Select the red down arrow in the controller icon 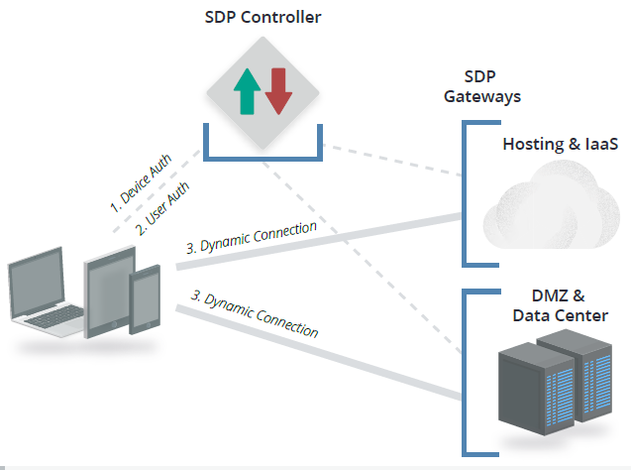click(x=278, y=91)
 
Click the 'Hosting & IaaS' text click(x=560, y=144)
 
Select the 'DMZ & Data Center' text click(x=560, y=305)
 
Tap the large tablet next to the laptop click(x=109, y=294)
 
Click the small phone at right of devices click(x=147, y=300)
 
